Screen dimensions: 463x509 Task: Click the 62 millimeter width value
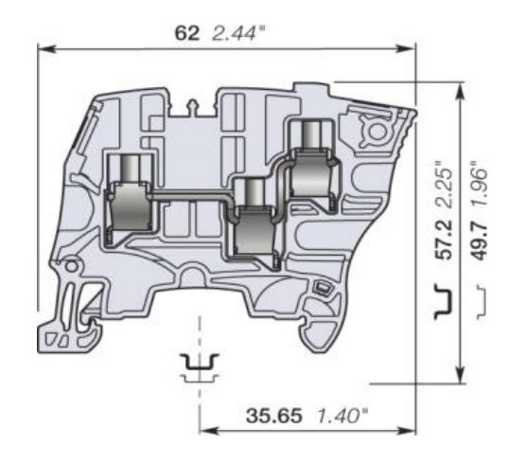click(186, 32)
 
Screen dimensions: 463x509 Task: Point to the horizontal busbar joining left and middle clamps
click(189, 196)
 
